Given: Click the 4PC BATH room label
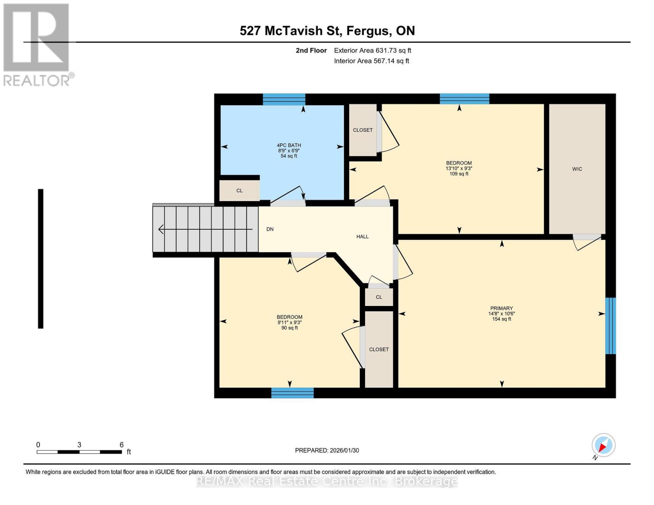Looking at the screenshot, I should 289,145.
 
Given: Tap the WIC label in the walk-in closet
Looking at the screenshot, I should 577,169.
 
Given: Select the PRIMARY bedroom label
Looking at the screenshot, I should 501,308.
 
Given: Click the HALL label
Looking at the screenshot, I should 362,237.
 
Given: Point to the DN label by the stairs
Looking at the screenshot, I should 270,229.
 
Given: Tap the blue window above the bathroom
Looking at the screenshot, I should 284,99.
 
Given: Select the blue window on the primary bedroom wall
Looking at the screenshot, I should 610,326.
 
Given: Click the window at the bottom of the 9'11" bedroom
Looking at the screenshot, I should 292,393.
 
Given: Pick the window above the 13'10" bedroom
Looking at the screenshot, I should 464,99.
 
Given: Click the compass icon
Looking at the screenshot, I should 603,445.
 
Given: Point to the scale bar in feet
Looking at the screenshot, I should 79,452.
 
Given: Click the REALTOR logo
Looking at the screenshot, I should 37,45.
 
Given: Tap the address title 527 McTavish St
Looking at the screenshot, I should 327,31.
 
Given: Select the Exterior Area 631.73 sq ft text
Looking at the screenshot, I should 372,50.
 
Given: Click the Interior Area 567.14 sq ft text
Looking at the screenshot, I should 371,61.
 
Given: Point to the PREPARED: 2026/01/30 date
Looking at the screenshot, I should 327,450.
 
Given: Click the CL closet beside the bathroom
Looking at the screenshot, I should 239,191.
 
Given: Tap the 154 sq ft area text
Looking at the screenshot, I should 501,319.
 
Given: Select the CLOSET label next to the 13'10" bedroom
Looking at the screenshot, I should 363,130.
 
